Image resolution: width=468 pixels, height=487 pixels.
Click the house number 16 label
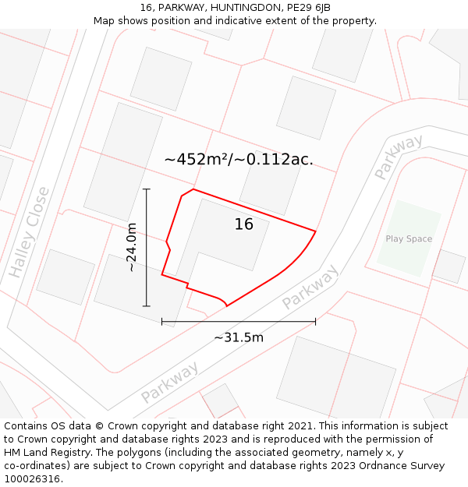[244, 224]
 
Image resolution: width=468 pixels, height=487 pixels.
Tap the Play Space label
[408, 239]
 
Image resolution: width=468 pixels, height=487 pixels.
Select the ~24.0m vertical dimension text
[132, 247]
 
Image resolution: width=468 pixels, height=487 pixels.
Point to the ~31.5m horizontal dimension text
[239, 337]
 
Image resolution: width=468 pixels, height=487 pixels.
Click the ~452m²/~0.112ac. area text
[239, 159]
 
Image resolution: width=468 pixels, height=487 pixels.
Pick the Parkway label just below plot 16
[310, 287]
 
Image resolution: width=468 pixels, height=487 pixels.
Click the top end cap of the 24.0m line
[146, 189]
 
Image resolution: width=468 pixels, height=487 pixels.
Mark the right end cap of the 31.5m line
[315, 321]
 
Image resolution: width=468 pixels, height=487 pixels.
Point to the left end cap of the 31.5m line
[162, 321]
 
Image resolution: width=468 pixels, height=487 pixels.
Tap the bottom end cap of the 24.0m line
[146, 306]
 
